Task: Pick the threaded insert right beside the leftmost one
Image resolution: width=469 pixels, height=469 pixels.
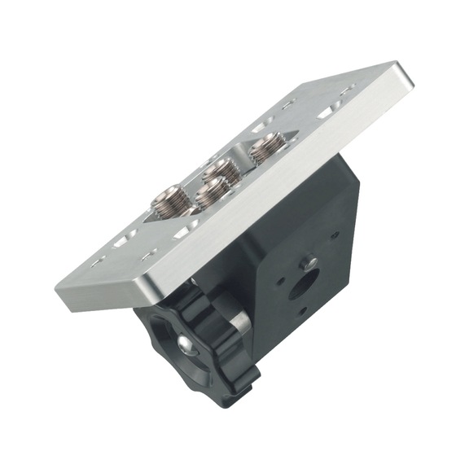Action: pos(211,192)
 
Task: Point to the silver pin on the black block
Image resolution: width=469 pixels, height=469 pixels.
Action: pos(309,262)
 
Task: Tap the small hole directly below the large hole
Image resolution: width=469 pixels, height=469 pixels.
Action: pos(301,311)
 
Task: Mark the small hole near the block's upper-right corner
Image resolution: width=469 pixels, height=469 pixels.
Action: pos(335,237)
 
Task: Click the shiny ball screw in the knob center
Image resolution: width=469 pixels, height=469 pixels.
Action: pos(186,346)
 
